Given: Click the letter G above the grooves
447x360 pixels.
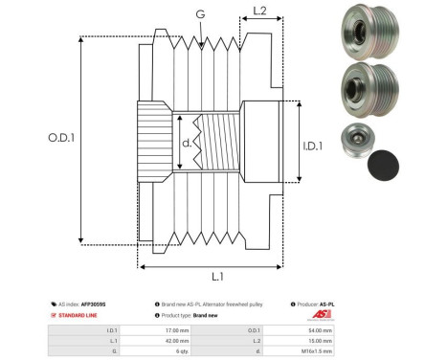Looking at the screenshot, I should [x=199, y=14].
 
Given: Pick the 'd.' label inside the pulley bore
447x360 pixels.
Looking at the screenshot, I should [x=186, y=145].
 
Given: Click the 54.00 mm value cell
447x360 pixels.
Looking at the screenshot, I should [x=320, y=328].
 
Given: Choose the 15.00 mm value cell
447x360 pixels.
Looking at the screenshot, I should [x=320, y=339].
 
